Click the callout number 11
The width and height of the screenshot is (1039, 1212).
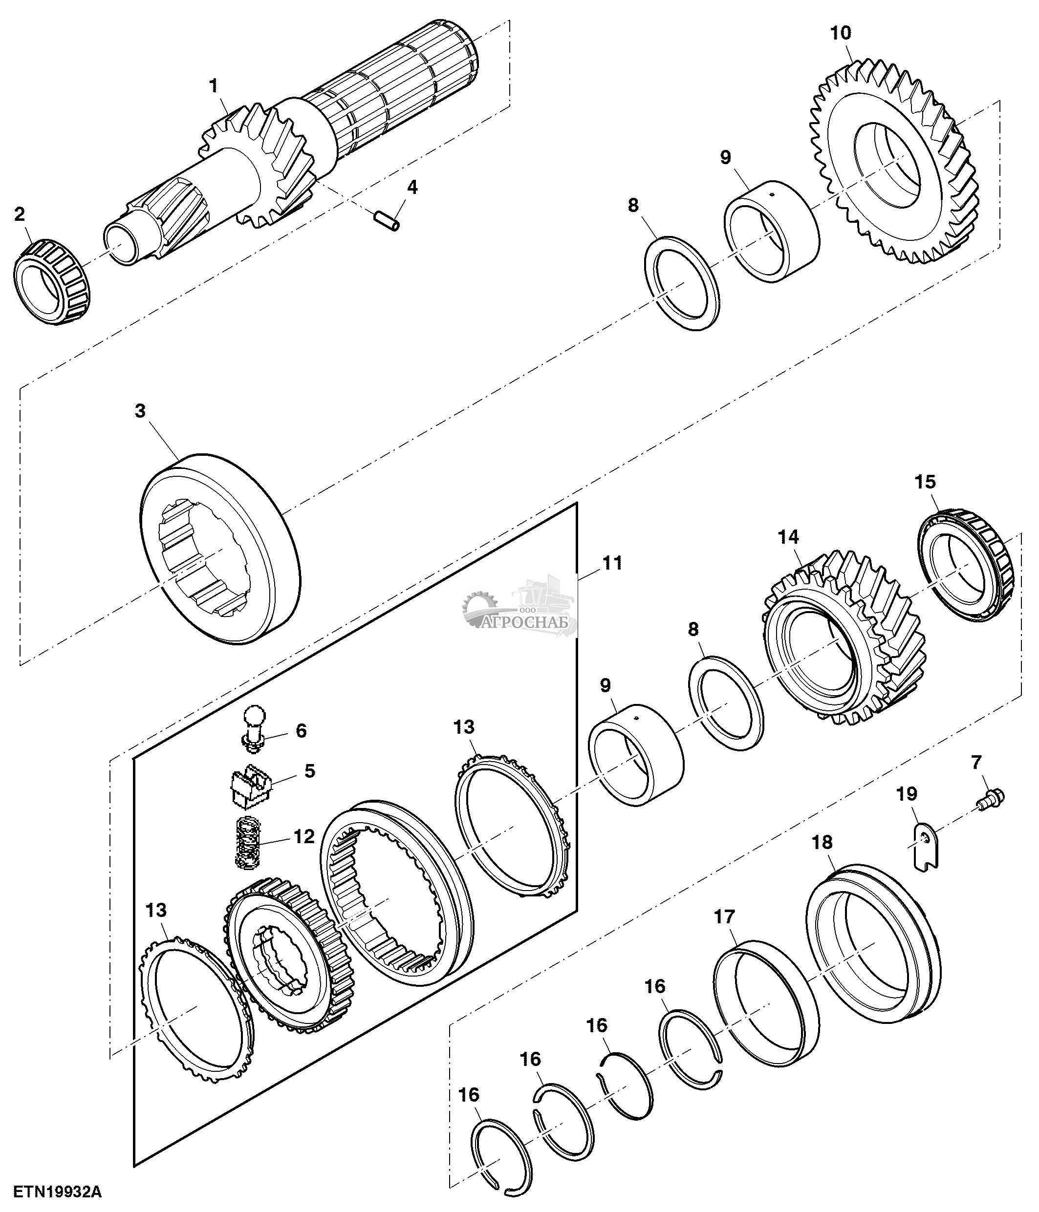tap(612, 563)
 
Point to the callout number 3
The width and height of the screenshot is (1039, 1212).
tap(140, 411)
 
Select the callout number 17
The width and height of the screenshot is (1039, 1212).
tap(724, 916)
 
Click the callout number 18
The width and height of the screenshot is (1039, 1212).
tap(822, 842)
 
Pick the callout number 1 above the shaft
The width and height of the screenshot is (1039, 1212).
tap(214, 86)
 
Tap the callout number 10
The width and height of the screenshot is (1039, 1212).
tap(841, 33)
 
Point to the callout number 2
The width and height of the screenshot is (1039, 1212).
tap(20, 214)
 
